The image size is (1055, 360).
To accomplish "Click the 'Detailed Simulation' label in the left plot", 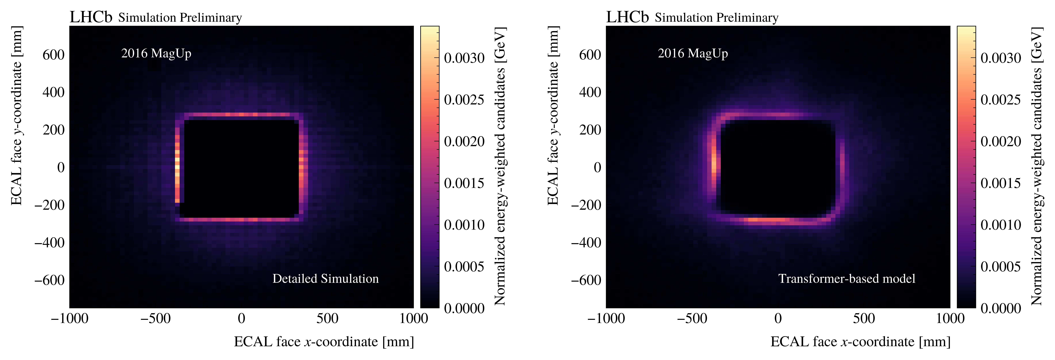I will pos(326,279).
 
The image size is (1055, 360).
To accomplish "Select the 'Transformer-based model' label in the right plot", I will pos(847,279).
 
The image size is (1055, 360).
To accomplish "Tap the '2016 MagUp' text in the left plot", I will pos(156,53).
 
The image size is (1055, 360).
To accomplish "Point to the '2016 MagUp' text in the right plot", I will pos(693,53).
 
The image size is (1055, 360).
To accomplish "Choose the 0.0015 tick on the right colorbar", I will pos(1001,183).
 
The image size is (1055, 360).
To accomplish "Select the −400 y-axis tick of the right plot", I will pos(586,242).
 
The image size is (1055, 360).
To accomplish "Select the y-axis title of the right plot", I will pos(553,116).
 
